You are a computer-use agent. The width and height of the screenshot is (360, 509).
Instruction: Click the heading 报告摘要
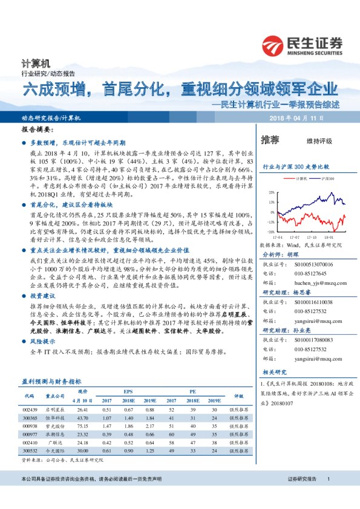(x=36, y=130)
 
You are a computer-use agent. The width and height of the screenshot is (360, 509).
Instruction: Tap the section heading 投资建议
(x=42, y=296)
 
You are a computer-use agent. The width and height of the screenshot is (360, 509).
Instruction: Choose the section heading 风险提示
(x=42, y=342)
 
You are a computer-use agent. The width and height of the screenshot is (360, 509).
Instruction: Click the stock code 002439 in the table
(x=30, y=409)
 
